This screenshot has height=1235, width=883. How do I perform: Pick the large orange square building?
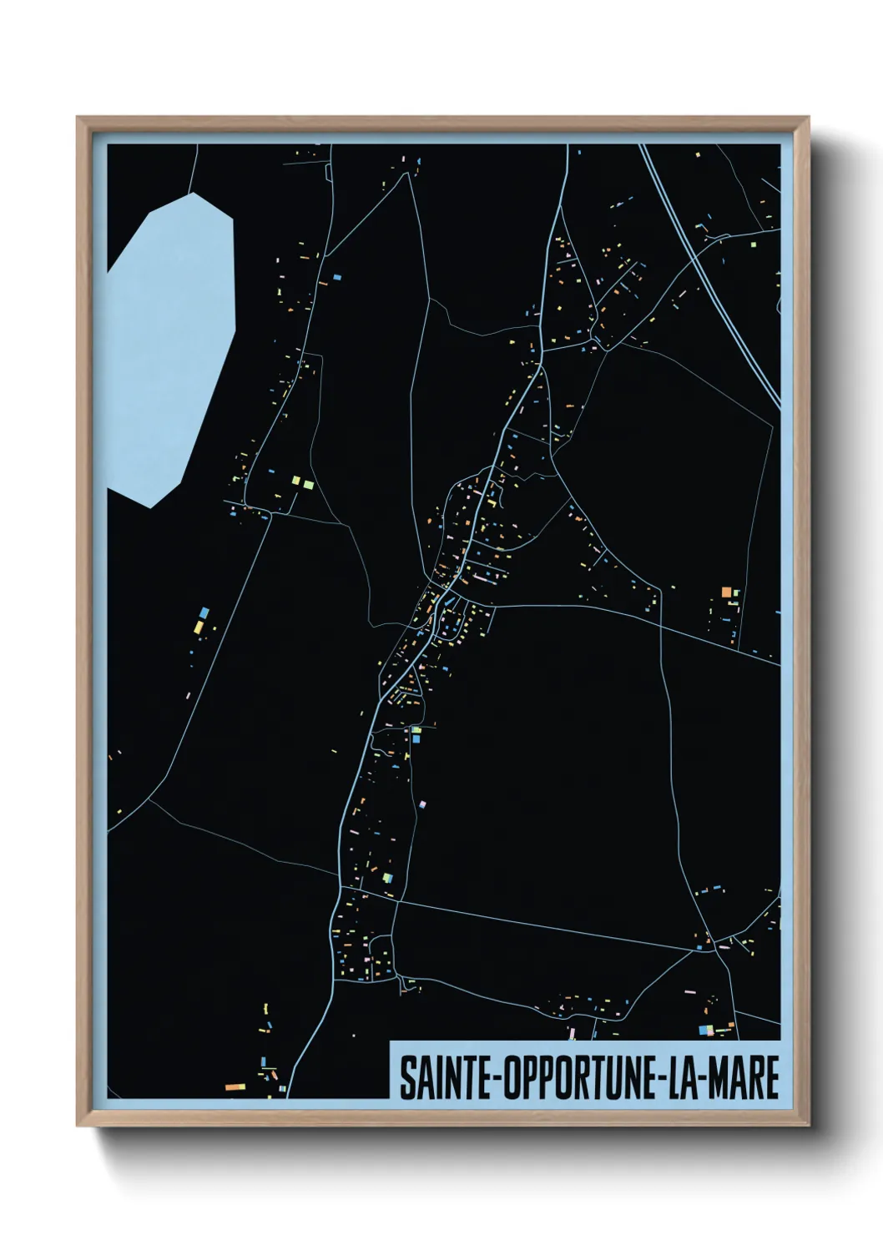pyautogui.click(x=726, y=592)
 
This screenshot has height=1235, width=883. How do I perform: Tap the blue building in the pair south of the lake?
pyautogui.click(x=204, y=613)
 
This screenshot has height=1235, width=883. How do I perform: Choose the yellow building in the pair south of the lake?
pyautogui.click(x=199, y=627)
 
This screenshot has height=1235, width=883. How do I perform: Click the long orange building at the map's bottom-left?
pyautogui.click(x=235, y=1087)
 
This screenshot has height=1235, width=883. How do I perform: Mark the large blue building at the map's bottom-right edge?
pyautogui.click(x=704, y=1030)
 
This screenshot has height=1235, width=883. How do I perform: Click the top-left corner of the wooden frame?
pyautogui.click(x=78, y=118)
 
